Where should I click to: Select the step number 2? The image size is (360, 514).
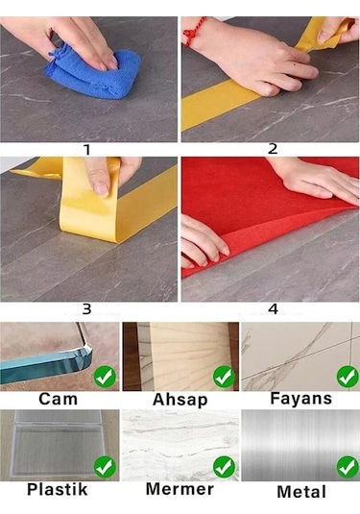273,149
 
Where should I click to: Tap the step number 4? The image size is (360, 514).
273,309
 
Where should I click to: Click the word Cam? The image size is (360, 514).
59,399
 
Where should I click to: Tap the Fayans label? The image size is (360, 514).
300,399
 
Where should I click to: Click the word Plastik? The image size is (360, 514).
57,490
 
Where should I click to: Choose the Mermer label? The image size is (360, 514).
180,490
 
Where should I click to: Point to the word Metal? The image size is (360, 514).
300,492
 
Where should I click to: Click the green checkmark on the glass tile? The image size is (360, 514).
105,376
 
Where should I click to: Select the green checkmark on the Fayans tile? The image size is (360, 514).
346,376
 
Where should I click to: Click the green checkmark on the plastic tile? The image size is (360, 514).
105,467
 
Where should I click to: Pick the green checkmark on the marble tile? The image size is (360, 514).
225,467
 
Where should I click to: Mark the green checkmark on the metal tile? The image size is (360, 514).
346,467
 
